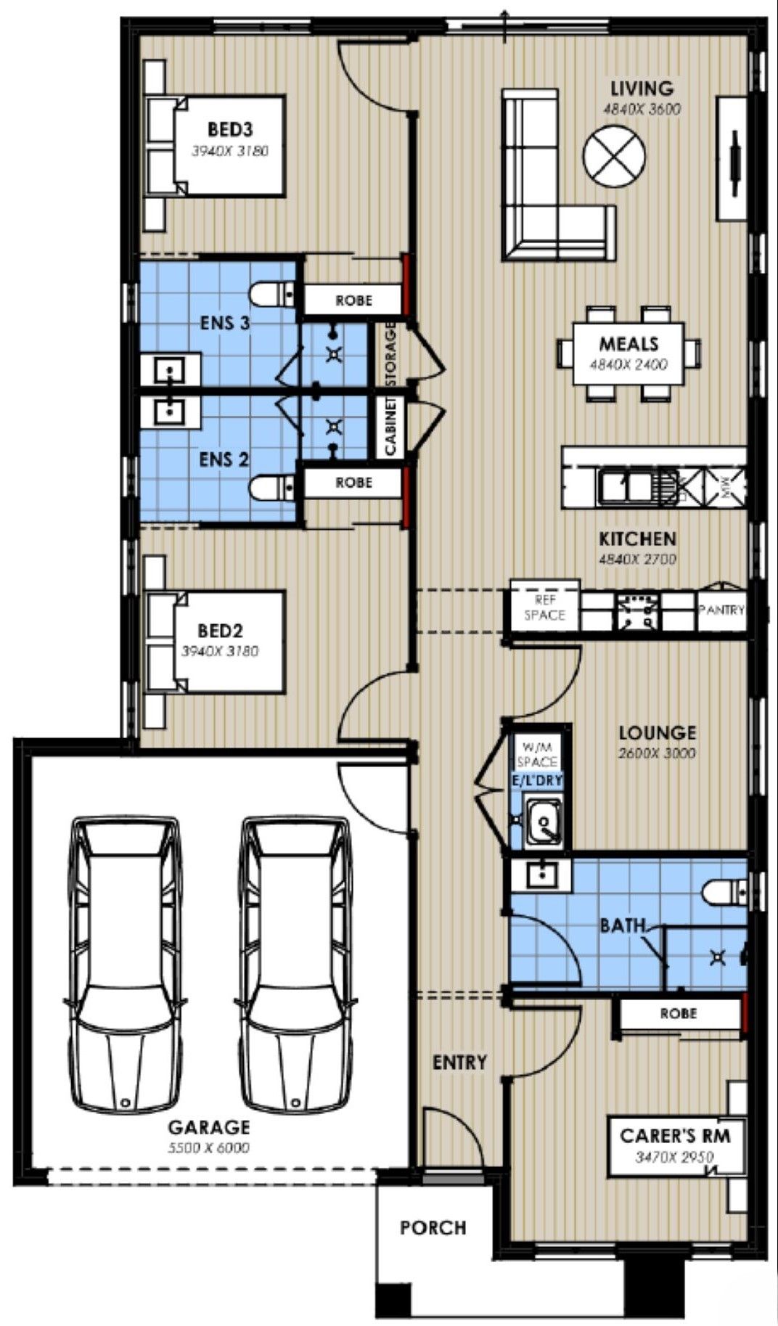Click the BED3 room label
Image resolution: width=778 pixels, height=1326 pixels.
point(230,130)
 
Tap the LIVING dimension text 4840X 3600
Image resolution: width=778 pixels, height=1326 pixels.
point(642,110)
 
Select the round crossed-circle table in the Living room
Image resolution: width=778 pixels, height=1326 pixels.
point(614,155)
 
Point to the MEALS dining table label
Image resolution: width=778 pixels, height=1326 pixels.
point(628,344)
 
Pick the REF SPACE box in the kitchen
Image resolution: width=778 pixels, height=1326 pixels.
point(544,608)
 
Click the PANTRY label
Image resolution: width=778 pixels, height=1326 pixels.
point(721,610)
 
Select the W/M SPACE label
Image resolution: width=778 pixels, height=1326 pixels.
point(537,754)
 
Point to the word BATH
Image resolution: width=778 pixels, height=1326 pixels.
point(623,925)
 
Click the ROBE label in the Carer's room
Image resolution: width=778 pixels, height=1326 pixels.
point(678,1013)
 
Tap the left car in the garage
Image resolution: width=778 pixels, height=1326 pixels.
point(125,965)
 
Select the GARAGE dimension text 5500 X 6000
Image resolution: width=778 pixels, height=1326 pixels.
point(209,1147)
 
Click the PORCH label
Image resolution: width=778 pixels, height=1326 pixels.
point(433,1228)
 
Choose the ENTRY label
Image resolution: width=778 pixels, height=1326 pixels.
point(459,1063)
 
